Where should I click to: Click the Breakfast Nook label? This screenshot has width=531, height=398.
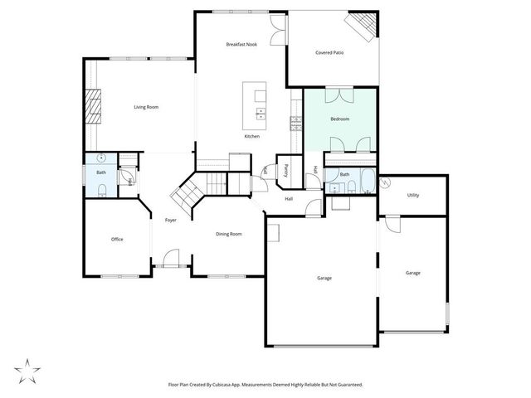[241, 44]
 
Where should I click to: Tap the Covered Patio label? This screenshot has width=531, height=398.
[329, 52]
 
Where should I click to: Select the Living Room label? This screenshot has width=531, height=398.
[147, 107]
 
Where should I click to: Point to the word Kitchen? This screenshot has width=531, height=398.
[251, 136]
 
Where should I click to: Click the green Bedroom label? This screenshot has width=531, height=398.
[339, 119]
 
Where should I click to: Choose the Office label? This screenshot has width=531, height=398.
[117, 240]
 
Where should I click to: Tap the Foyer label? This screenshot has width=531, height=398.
[170, 220]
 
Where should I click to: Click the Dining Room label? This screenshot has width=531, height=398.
[228, 235]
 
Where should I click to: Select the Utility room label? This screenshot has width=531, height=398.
[412, 195]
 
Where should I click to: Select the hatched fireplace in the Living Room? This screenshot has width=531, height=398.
[95, 106]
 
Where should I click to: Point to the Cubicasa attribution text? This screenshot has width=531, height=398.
[265, 385]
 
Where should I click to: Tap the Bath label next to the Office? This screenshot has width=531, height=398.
[100, 172]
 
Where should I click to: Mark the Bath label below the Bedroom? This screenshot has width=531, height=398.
[344, 174]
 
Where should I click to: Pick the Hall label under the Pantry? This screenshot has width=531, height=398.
[289, 199]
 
